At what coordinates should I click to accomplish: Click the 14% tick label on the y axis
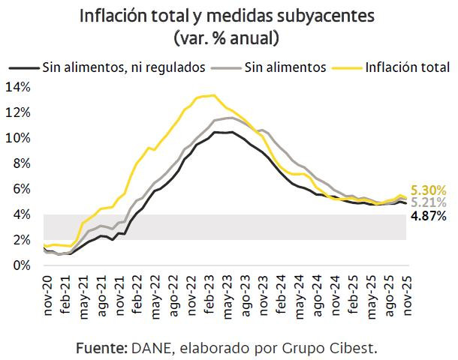[18, 87]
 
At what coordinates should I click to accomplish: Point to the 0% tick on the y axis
[21, 265]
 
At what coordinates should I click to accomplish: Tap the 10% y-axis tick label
[18, 138]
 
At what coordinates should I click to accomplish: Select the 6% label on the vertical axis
[21, 189]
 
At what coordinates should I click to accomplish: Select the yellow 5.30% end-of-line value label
[429, 190]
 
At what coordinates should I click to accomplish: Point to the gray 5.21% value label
[429, 202]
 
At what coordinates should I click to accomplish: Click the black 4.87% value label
[429, 216]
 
